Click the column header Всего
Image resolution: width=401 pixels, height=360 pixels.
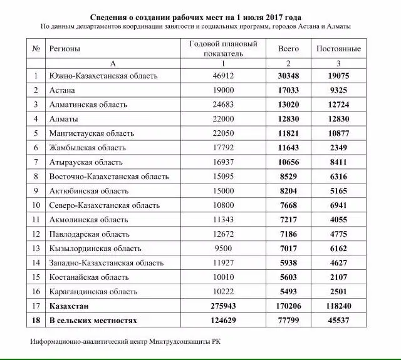[x=288, y=48]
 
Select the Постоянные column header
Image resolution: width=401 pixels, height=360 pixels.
[x=338, y=48]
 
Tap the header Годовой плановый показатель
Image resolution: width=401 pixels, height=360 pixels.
[x=223, y=48]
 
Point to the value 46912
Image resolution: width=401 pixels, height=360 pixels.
[x=223, y=76]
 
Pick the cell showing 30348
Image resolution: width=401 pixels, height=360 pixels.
[x=288, y=76]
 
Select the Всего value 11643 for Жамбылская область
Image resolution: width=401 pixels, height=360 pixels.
[x=288, y=148]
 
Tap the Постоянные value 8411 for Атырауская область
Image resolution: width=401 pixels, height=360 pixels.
[x=338, y=162]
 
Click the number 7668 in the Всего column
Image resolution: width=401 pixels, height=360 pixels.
[x=288, y=205]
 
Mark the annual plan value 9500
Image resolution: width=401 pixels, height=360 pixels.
[x=223, y=249]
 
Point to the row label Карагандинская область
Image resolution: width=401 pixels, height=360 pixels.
[x=93, y=292]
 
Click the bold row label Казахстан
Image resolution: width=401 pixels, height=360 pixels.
[x=69, y=306]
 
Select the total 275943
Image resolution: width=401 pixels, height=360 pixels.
[x=223, y=306]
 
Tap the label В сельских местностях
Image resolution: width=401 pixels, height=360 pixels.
[x=93, y=321]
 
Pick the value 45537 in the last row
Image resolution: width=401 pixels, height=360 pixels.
[x=338, y=321]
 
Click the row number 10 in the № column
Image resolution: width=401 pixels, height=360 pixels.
[x=36, y=205]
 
